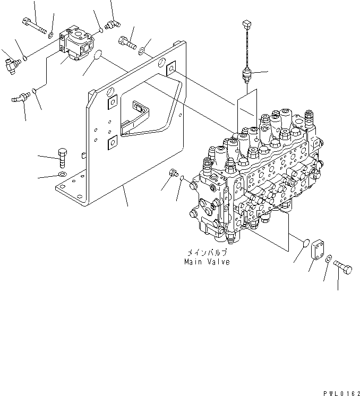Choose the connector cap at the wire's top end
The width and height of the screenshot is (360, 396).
pyautogui.click(x=245, y=24)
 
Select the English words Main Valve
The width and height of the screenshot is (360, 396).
pyautogui.click(x=207, y=262)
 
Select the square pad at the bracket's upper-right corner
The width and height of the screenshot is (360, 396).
pyautogui.click(x=171, y=67)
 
